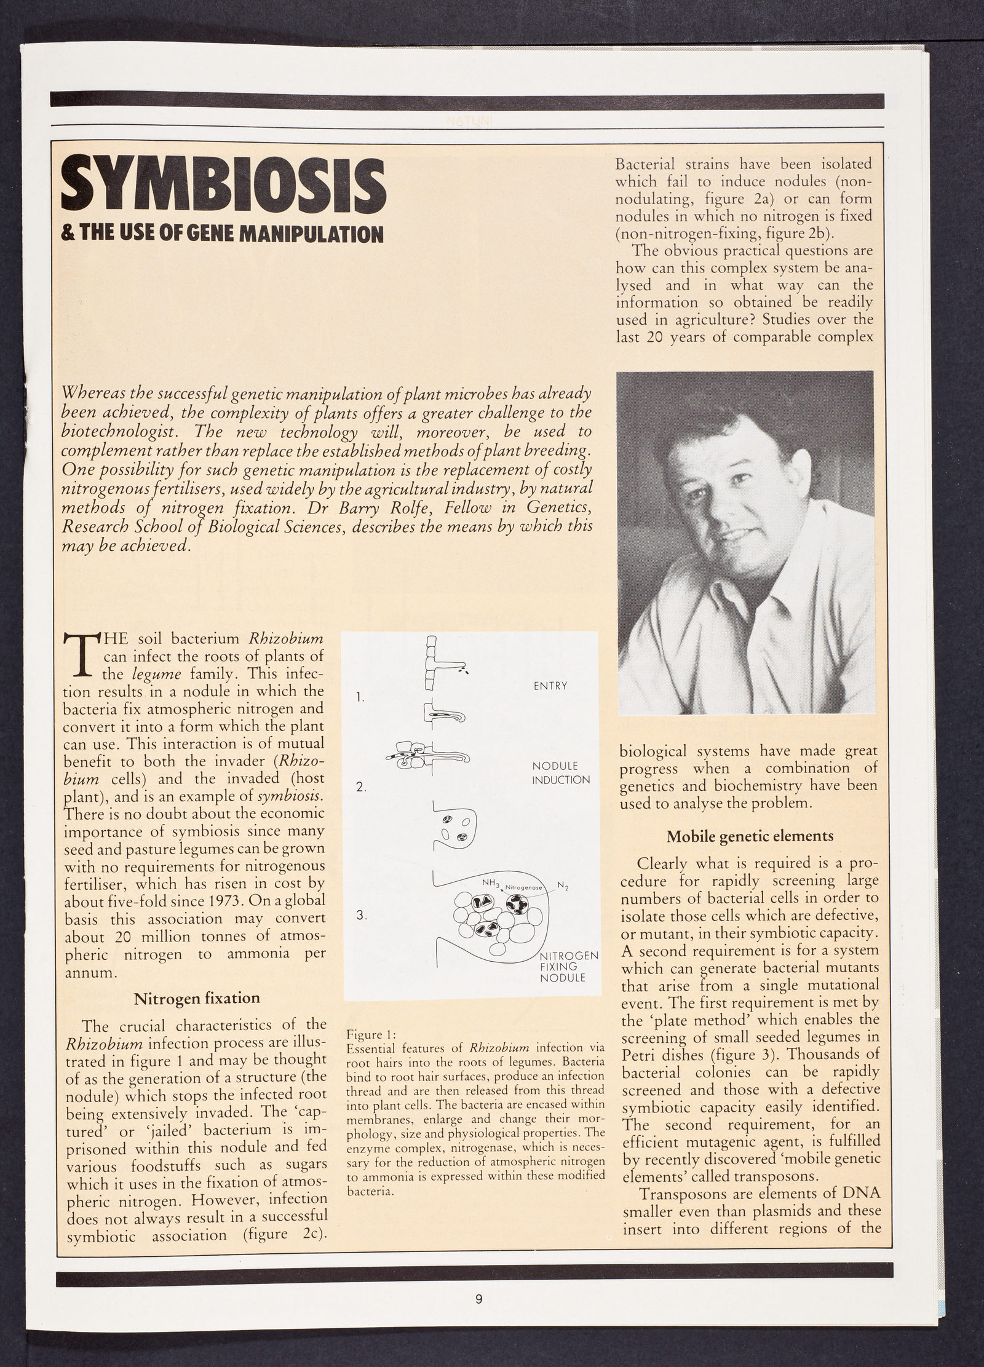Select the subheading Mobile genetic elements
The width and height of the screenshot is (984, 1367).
click(x=750, y=836)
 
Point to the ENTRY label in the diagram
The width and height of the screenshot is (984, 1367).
click(x=550, y=686)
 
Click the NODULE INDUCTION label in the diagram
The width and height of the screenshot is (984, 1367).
click(x=560, y=774)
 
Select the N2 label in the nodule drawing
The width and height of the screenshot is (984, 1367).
click(x=562, y=886)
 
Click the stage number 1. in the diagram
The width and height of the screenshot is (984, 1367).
click(x=360, y=697)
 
